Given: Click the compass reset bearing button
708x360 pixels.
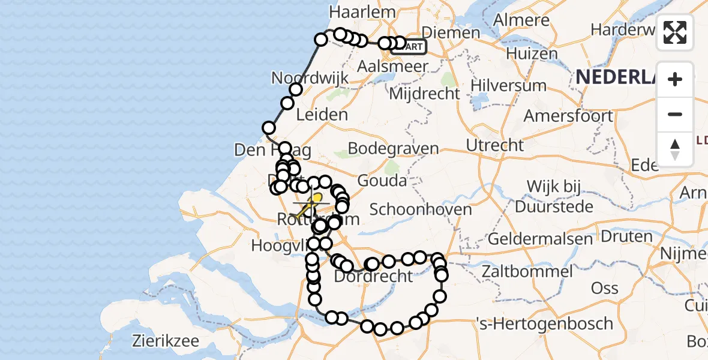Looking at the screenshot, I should coord(675,149).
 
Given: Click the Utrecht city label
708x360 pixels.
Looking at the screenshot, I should coord(495,145).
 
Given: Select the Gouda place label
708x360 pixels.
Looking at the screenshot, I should coord(382,180).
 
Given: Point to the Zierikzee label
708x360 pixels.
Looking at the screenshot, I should coord(166,341).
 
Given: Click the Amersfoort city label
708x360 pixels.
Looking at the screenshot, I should coord(569,115).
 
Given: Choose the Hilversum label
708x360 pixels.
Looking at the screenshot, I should coord(508,85).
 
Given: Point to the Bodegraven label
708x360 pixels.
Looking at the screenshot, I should coord(393,148).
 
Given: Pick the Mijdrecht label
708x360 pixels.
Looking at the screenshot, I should coord(424,94).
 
